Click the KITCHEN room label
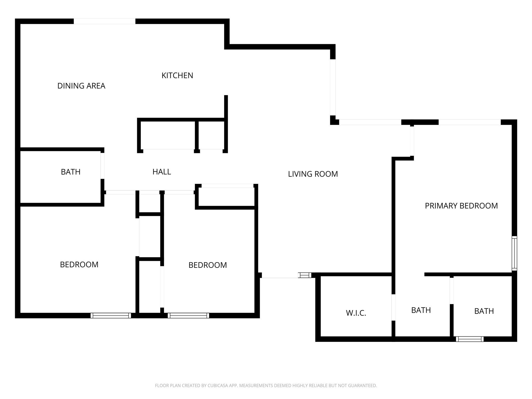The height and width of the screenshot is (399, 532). (177, 76)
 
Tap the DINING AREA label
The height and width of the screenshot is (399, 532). (81, 86)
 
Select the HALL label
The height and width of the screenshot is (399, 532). (162, 172)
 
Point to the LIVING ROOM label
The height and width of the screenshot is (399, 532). (313, 174)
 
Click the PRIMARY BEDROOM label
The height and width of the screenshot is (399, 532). (461, 206)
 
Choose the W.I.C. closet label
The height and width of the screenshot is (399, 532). (356, 313)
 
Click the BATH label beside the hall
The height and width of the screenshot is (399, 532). (70, 172)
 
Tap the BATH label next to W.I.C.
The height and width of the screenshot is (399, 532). (421, 310)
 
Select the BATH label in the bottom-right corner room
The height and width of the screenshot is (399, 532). (484, 311)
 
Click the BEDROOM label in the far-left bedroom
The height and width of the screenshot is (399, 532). (79, 265)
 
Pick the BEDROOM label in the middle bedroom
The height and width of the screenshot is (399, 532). (208, 265)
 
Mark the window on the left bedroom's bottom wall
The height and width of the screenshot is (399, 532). (111, 316)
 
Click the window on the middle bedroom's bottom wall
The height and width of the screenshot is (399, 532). (188, 316)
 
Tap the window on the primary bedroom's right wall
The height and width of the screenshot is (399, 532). (514, 253)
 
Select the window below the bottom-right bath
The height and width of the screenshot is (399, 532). (469, 339)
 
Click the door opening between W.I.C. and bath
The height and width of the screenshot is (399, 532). (393, 307)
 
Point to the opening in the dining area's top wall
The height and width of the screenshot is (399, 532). (104, 21)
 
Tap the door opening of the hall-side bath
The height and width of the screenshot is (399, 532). (102, 166)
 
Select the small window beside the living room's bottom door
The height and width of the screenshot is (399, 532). (304, 275)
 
